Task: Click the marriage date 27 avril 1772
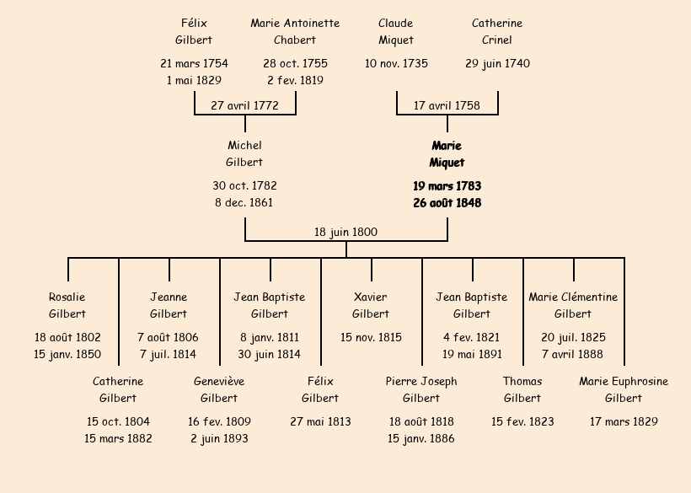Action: (x=244, y=105)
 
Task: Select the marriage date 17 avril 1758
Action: (x=447, y=105)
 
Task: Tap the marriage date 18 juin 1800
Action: (x=345, y=232)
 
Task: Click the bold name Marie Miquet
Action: (x=447, y=154)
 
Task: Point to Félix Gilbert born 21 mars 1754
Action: (x=194, y=31)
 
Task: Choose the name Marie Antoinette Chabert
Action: (x=295, y=31)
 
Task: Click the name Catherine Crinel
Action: (x=497, y=31)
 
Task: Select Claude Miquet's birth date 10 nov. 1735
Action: (x=396, y=63)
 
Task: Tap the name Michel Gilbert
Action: (x=244, y=154)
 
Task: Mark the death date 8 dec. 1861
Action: (x=244, y=202)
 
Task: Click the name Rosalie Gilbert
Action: (x=67, y=305)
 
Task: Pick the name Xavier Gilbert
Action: (x=371, y=305)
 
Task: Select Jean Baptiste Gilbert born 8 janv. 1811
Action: (x=270, y=305)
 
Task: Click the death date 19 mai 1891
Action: (x=472, y=354)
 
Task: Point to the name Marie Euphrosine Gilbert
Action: (x=624, y=389)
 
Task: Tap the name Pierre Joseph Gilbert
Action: (x=421, y=389)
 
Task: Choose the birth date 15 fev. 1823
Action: (x=522, y=421)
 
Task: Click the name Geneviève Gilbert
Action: (x=219, y=389)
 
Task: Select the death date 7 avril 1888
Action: (x=573, y=354)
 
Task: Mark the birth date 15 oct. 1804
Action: (x=118, y=421)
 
